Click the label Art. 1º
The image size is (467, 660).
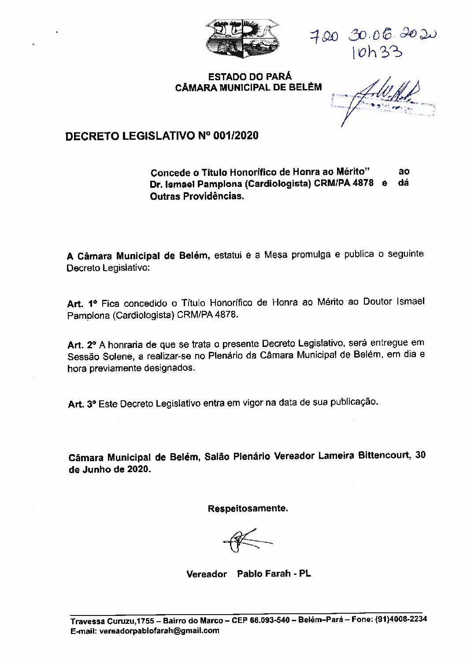pyautogui.click(x=82, y=304)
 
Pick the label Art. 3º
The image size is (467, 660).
pyautogui.click(x=82, y=404)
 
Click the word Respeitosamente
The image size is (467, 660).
pyautogui.click(x=248, y=508)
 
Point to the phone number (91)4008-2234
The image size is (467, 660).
pyautogui.click(x=400, y=619)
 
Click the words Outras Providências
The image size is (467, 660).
pyautogui.click(x=196, y=196)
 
